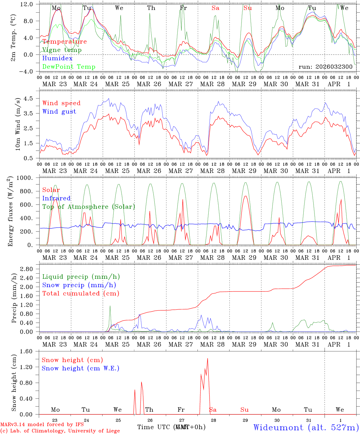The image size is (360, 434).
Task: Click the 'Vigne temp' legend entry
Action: click(62, 50)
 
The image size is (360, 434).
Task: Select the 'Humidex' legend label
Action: click(57, 58)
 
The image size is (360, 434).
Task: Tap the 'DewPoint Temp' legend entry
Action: click(69, 67)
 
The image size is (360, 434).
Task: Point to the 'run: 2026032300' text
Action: click(325, 67)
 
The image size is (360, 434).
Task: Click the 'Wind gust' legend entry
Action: click(59, 112)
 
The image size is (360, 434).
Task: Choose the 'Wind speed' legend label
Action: click(62, 103)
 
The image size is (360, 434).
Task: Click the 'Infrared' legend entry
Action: click(56, 198)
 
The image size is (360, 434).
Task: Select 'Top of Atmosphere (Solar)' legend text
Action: click(89, 207)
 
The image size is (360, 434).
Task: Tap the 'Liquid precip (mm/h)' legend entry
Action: click(81, 277)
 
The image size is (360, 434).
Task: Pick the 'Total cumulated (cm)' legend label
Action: click(81, 294)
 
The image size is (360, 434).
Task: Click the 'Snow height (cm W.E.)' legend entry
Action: click(81, 368)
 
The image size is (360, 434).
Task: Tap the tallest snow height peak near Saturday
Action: click(207, 358)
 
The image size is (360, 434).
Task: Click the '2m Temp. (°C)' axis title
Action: click(13, 38)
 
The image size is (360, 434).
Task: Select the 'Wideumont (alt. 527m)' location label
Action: click(306, 427)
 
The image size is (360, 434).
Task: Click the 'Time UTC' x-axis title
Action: click(154, 427)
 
